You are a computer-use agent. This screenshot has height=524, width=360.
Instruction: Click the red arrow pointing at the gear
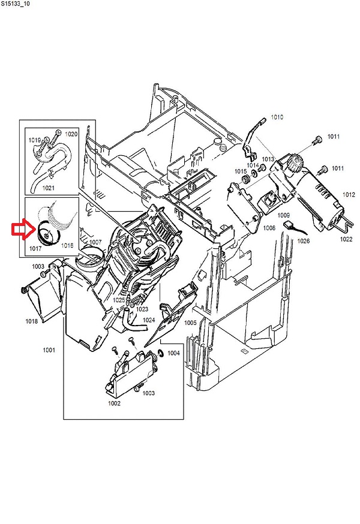pyautogui.click(x=20, y=230)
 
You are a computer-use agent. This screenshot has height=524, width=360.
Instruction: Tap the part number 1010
pyautogui.click(x=277, y=117)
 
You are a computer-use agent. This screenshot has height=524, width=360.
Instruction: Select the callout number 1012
pyautogui.click(x=349, y=195)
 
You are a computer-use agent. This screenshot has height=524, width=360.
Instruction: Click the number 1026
pyautogui.click(x=304, y=242)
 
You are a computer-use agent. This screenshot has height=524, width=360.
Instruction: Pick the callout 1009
pyautogui.click(x=284, y=215)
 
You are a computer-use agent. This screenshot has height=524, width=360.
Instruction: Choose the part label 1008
pyautogui.click(x=268, y=228)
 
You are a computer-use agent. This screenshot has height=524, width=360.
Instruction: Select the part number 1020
pyautogui.click(x=71, y=134)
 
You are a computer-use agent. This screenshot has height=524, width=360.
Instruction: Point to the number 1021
pyautogui.click(x=49, y=188)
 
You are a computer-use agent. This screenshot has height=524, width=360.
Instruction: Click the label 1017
pyautogui.click(x=35, y=245)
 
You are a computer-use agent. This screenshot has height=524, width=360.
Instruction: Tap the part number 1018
pyautogui.click(x=31, y=321)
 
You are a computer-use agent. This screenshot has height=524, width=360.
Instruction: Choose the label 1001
pyautogui.click(x=48, y=350)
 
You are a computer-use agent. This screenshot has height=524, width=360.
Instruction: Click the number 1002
pyautogui.click(x=114, y=403)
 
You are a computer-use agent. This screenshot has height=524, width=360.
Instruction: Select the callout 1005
pyautogui.click(x=190, y=323)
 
